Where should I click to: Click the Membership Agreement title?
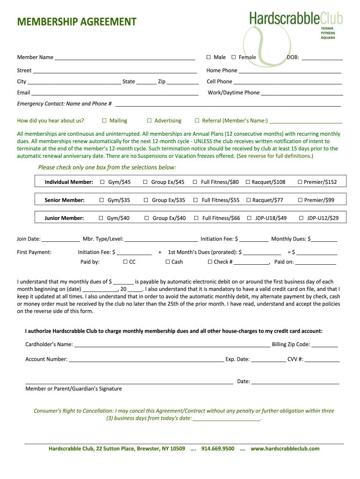click(x=77, y=22)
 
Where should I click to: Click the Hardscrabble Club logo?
click(x=295, y=23)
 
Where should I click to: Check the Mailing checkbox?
click(x=104, y=121)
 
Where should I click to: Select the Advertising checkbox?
click(x=149, y=121)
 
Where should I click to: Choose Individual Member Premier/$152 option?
click(x=300, y=182)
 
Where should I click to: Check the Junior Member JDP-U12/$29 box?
click(x=302, y=218)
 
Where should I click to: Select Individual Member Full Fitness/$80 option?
click(x=194, y=182)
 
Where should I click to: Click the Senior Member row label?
click(x=65, y=200)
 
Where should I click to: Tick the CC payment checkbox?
click(x=125, y=262)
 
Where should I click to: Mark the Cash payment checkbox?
click(x=168, y=262)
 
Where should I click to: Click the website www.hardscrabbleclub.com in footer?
click(x=285, y=449)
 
